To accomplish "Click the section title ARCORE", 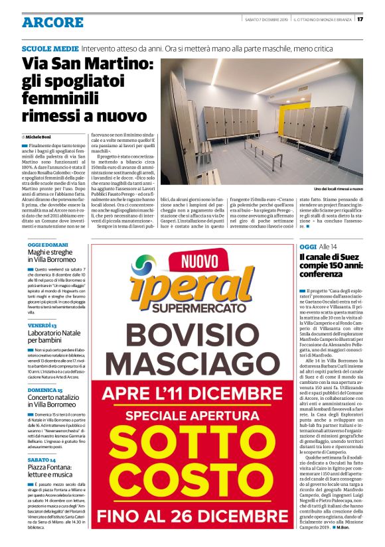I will tap(53, 22).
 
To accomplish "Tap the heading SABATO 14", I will tap(42, 459).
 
